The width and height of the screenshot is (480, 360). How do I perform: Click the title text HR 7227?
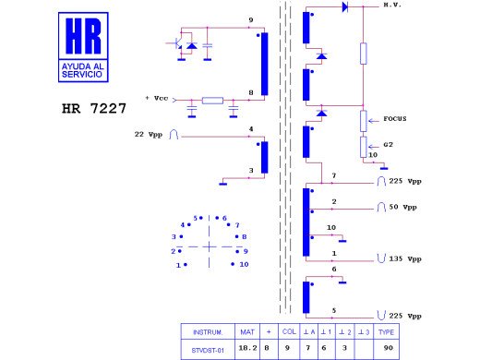tap(94, 107)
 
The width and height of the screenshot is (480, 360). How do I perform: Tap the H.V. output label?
tap(394, 6)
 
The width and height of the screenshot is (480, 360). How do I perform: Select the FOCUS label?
tap(397, 119)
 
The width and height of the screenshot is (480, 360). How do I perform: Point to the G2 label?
tap(390, 145)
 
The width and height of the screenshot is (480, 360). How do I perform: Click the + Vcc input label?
tap(157, 98)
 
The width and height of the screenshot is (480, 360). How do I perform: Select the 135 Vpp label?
tap(402, 260)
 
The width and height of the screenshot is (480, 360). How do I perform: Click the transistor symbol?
tap(174, 43)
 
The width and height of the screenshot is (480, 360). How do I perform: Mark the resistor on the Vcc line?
tap(213, 101)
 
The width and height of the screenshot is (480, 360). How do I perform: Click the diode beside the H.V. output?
tap(344, 7)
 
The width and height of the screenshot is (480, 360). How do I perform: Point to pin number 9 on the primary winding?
tap(250, 20)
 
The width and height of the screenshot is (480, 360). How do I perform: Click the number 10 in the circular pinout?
tap(245, 265)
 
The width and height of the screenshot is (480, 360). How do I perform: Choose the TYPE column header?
tap(388, 331)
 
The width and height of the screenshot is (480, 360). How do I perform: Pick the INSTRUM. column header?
tap(208, 331)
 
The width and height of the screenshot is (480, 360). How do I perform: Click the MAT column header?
tap(247, 331)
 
